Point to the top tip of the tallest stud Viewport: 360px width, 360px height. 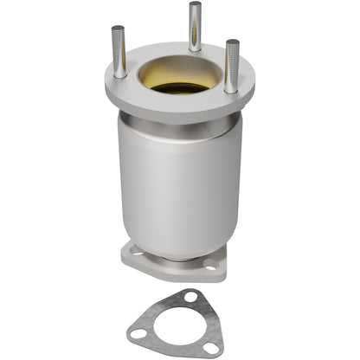click(196, 5)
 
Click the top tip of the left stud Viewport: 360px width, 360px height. click(118, 29)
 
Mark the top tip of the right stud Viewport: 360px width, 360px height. click(231, 42)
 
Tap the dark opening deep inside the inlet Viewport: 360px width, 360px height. click(179, 87)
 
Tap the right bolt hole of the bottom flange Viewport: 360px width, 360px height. click(210, 264)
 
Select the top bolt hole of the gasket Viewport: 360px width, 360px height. click(189, 298)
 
